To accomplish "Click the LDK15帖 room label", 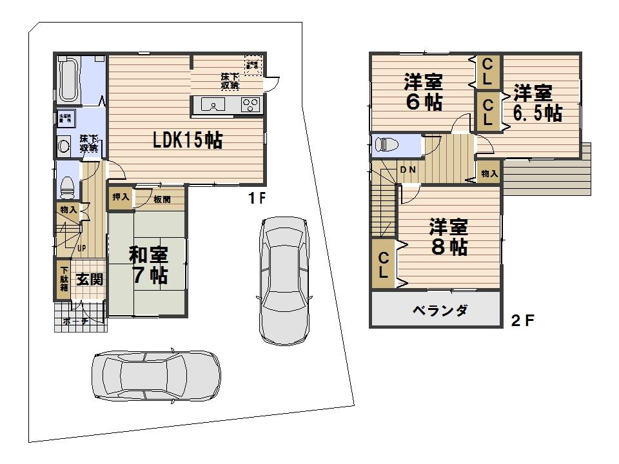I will (187, 140).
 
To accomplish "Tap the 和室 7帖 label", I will (150, 265).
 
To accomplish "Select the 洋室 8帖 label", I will (449, 237).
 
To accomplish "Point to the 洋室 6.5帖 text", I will (536, 103).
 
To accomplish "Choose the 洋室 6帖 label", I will (423, 92).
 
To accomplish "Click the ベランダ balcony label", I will (440, 311).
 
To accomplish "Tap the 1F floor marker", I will (257, 199).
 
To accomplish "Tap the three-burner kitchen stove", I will (250, 105).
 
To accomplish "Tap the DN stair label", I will (407, 170).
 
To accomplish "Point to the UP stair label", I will (81, 248).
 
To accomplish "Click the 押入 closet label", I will (120, 197).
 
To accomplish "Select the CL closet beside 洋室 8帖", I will (383, 264).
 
